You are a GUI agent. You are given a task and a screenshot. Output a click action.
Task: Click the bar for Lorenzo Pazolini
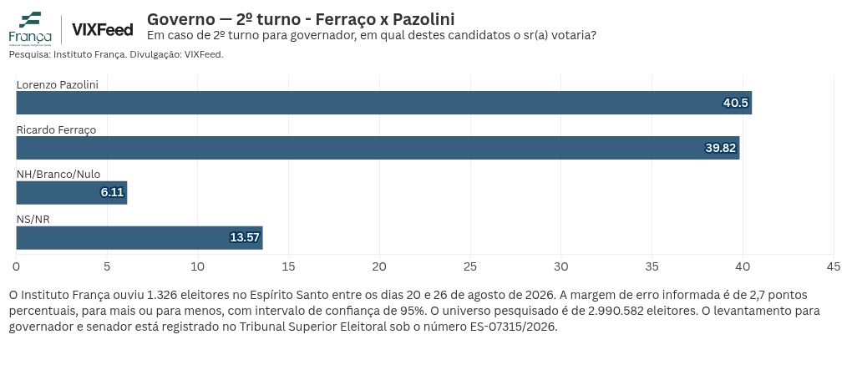[x=383, y=103]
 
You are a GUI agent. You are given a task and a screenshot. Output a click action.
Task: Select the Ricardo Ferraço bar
[x=378, y=148]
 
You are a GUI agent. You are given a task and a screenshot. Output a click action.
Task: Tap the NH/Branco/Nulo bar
[x=72, y=193]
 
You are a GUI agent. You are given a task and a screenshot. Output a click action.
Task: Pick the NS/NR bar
[x=139, y=238]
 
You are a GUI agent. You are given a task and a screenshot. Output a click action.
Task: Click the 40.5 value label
[x=735, y=103]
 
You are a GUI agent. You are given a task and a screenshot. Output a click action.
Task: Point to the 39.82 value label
[x=721, y=148]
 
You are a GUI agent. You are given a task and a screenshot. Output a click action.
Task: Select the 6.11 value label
[x=113, y=193]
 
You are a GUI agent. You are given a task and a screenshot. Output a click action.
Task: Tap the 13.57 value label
[x=245, y=238]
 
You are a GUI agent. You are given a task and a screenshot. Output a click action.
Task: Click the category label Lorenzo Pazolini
[x=58, y=84]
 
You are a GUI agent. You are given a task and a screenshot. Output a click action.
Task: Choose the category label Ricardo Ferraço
[x=56, y=130]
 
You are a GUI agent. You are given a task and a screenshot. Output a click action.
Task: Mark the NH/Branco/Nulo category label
[x=58, y=175]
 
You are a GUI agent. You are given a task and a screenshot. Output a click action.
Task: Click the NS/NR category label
[x=33, y=220]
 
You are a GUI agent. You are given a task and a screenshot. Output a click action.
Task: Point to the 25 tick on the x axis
[x=470, y=266]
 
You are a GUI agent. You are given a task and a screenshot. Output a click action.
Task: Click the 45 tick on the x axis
[x=833, y=266]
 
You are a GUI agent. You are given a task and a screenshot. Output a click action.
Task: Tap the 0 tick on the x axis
[x=17, y=266]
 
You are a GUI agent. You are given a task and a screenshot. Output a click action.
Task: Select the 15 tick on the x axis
[x=288, y=266]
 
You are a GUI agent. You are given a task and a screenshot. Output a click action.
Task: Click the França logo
[x=30, y=28]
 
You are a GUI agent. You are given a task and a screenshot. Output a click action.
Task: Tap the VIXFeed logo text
[x=102, y=30]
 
